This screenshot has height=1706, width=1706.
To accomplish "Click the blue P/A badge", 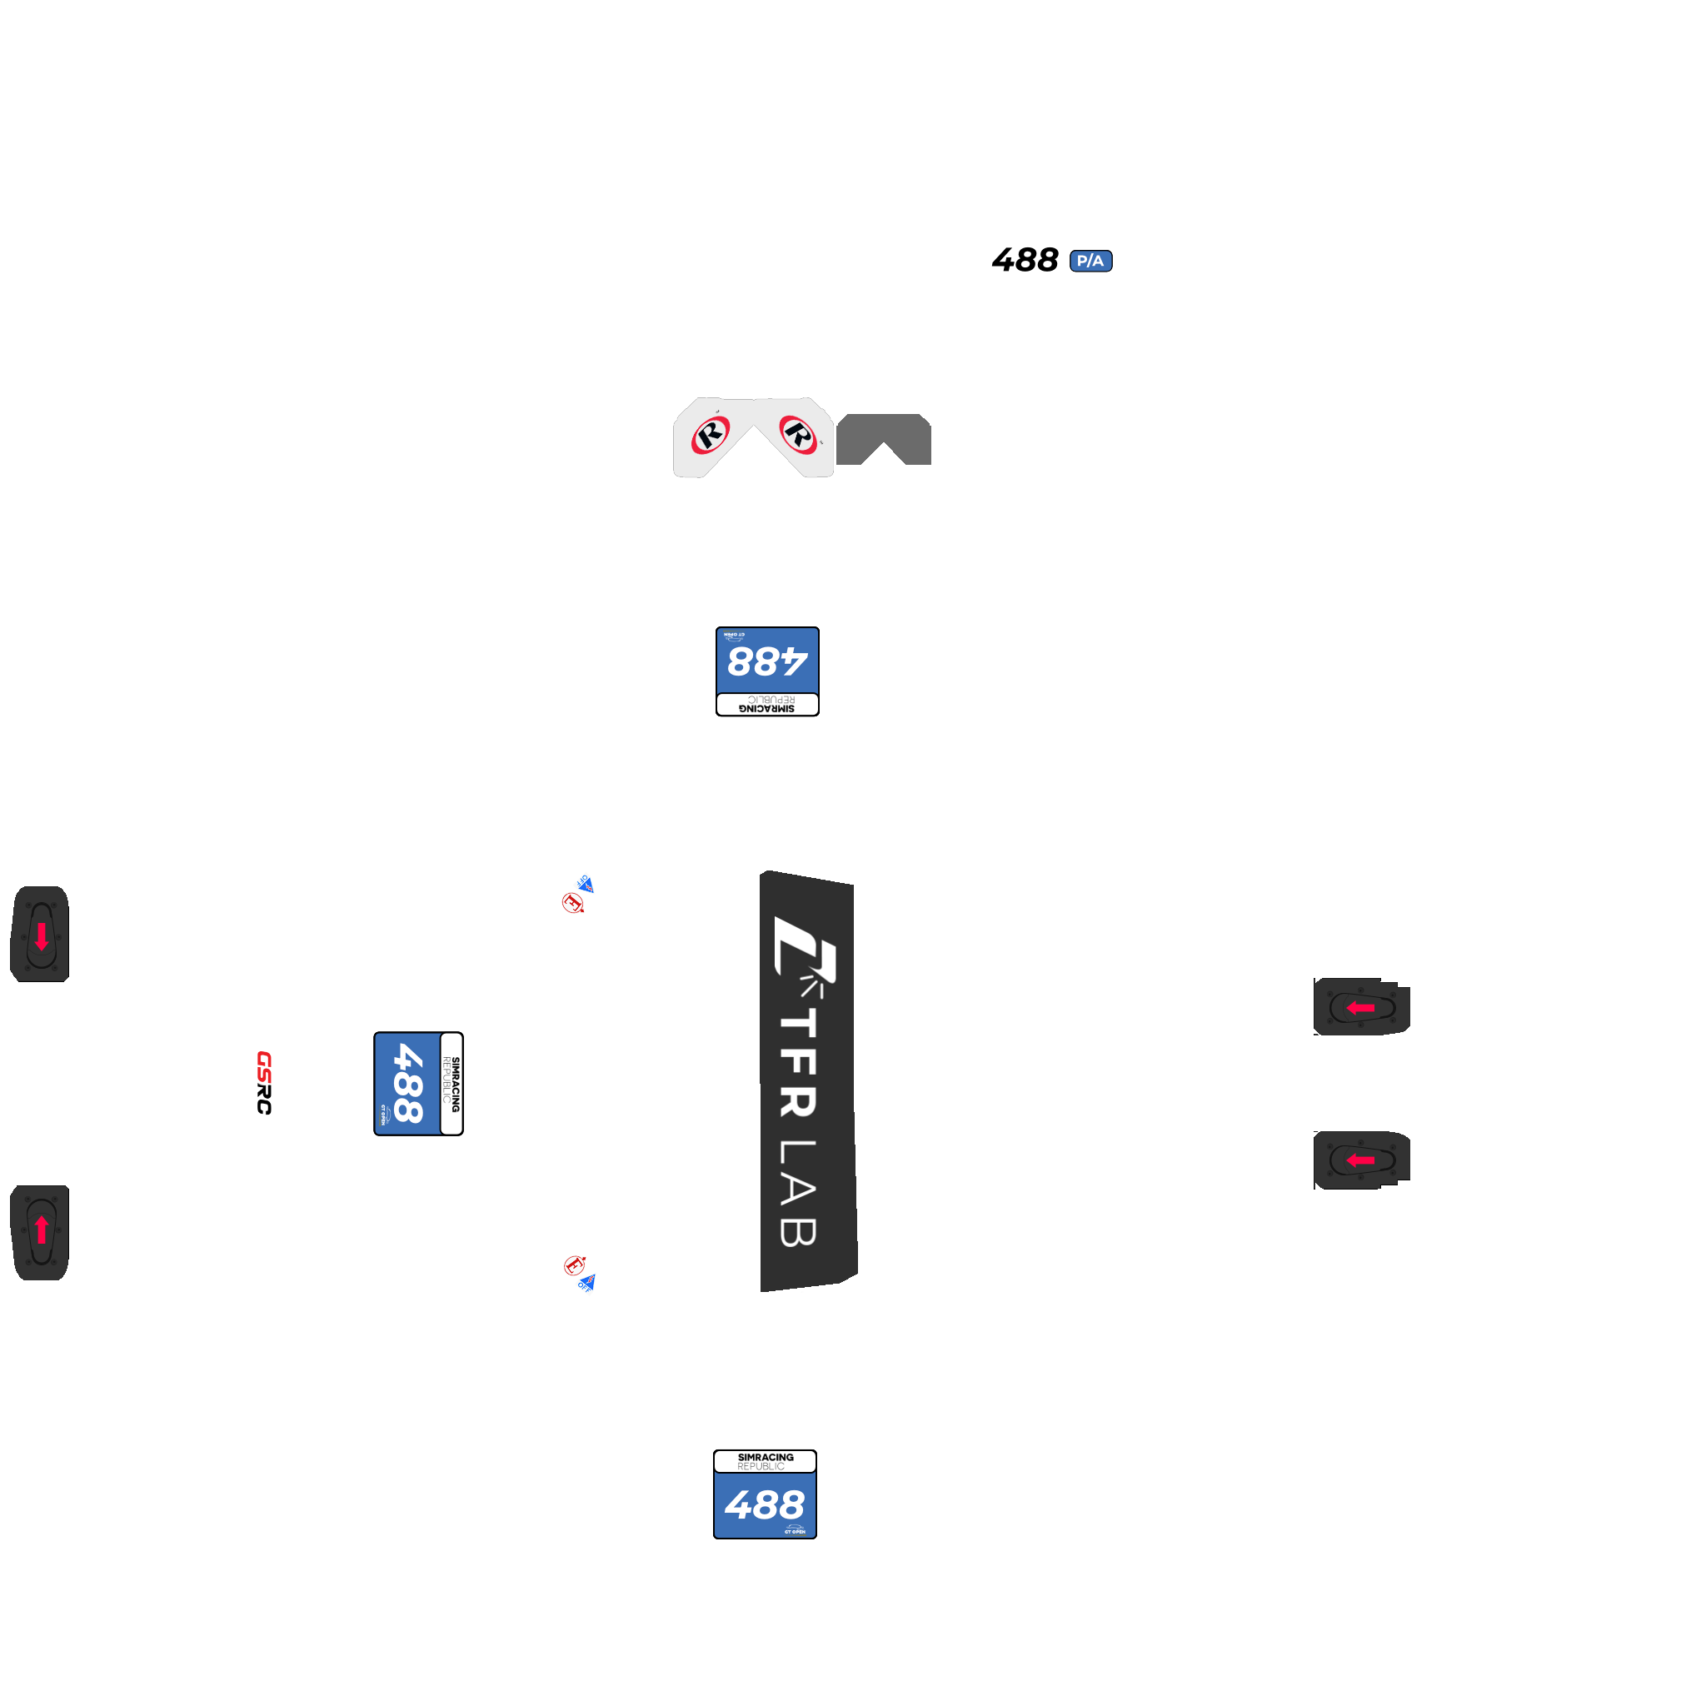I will [x=1090, y=261].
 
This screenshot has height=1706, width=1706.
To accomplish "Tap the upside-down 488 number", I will [x=766, y=661].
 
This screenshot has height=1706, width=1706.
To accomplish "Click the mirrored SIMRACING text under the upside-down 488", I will [x=766, y=708].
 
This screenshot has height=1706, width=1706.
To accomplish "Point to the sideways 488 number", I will [x=407, y=1084].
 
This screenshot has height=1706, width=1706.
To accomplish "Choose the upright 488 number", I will [x=764, y=1504].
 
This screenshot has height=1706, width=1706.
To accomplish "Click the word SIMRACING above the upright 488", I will [x=766, y=1457].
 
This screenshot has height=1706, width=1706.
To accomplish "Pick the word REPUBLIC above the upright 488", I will [x=761, y=1467].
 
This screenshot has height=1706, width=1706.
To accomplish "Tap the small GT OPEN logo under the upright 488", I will [x=794, y=1530].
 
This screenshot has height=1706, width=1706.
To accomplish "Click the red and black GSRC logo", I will [x=264, y=1083].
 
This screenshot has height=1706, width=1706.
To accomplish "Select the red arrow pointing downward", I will [x=41, y=936].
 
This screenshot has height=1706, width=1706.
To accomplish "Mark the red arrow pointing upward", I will [x=41, y=1230].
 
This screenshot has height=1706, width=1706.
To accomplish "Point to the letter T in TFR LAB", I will [x=798, y=1025].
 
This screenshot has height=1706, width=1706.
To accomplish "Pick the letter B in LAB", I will [x=798, y=1232].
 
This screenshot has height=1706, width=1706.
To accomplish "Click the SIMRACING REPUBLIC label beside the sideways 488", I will [x=451, y=1084].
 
